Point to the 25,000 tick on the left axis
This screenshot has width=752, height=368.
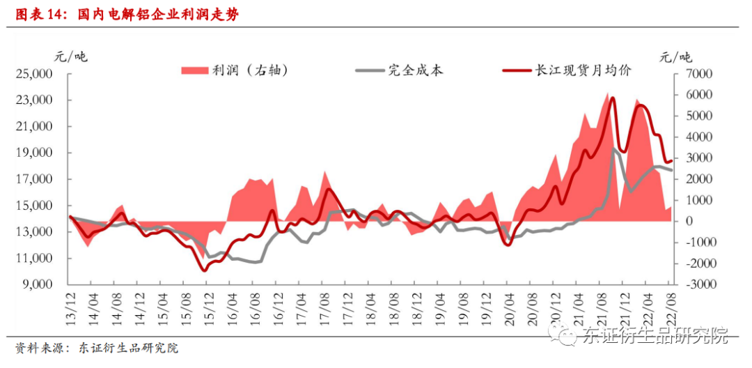[x=34, y=74]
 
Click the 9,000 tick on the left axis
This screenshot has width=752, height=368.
[x=38, y=285]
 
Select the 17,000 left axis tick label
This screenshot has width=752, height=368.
[x=34, y=179]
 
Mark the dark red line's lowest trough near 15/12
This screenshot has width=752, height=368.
[x=204, y=270]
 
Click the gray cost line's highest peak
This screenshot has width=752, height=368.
[x=615, y=148]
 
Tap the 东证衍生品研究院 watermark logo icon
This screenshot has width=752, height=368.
[x=563, y=336]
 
